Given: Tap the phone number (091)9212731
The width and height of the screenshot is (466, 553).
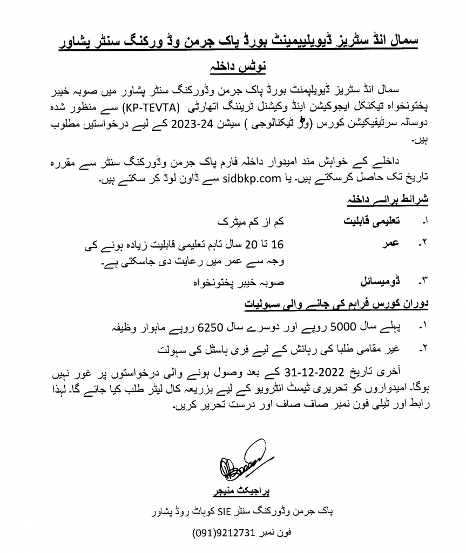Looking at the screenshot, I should coord(223,532).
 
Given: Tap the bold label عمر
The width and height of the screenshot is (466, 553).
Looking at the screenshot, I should coord(393,244).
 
